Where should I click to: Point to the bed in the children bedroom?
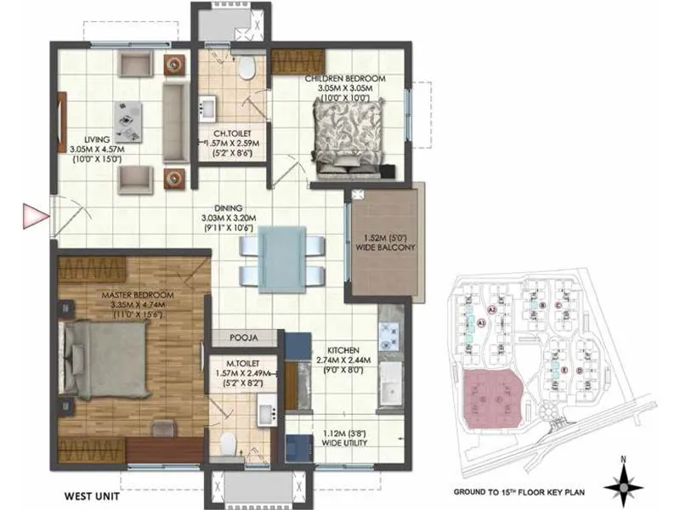tap(343, 141)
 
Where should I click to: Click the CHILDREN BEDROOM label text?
tap(345, 78)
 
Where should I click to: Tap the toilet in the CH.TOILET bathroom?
tap(247, 69)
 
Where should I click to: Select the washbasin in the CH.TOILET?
tap(207, 109)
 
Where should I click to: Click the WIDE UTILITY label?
tap(345, 442)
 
